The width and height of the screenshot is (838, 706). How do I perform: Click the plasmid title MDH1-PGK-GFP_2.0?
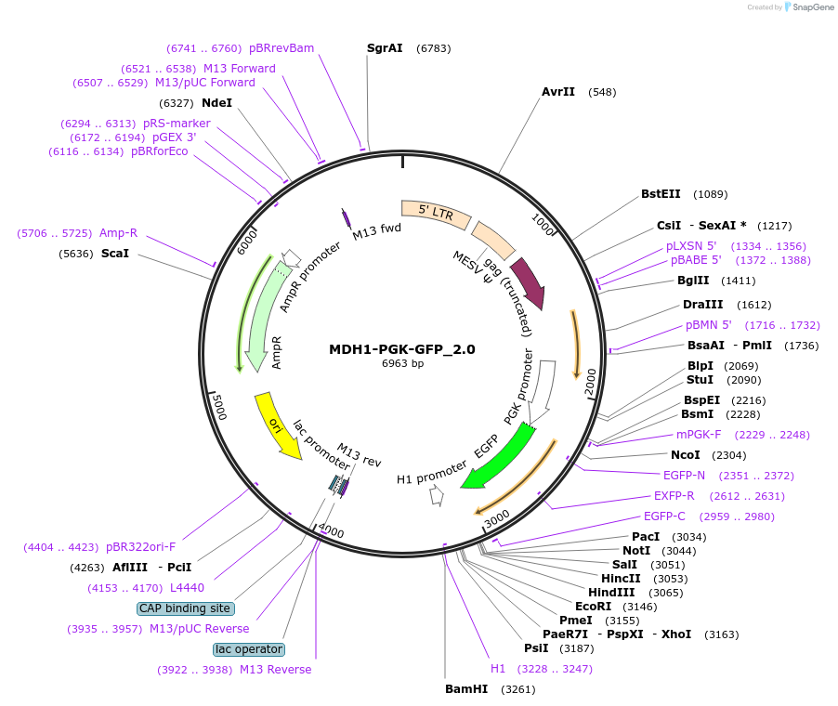(x=401, y=349)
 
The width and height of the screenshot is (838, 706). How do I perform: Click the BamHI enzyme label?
(x=466, y=689)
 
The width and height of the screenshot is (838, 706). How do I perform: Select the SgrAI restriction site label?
(x=385, y=47)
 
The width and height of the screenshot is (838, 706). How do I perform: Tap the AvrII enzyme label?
(x=558, y=92)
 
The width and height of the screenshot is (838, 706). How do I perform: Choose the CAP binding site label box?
(x=185, y=608)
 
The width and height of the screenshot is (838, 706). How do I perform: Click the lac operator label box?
(x=249, y=649)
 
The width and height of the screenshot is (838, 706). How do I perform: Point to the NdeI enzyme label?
(x=216, y=103)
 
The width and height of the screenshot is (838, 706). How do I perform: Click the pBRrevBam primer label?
(x=282, y=48)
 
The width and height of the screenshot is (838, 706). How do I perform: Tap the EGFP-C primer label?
(x=664, y=516)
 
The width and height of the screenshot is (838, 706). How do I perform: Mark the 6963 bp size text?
(x=402, y=363)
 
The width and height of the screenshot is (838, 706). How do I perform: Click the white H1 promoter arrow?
(x=435, y=496)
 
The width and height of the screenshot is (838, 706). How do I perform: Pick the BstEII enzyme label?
(x=661, y=194)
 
